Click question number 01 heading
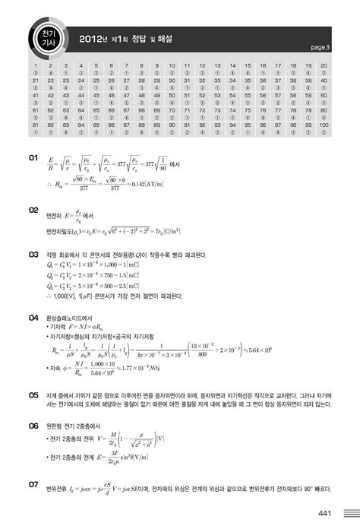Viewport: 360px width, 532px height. point(33,159)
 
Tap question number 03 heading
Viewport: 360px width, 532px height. point(33,255)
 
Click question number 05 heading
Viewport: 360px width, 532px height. point(33,396)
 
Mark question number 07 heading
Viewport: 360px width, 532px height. point(33,483)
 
